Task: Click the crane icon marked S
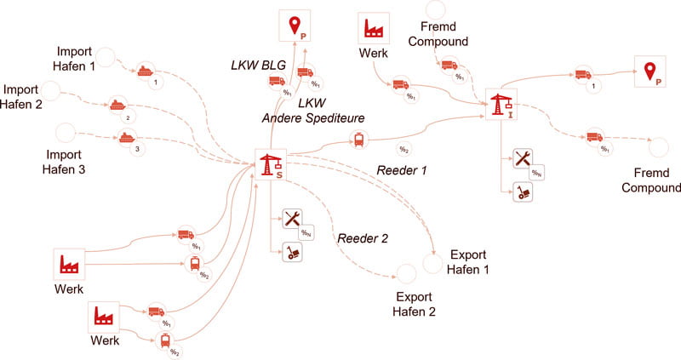tap(270, 164)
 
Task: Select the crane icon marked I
tap(500, 105)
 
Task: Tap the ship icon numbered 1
tap(146, 72)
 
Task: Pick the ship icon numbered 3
tap(126, 138)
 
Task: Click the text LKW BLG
tap(257, 65)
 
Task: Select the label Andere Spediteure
tap(301, 118)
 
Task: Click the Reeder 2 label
tap(363, 237)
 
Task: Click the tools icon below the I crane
tap(523, 159)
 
